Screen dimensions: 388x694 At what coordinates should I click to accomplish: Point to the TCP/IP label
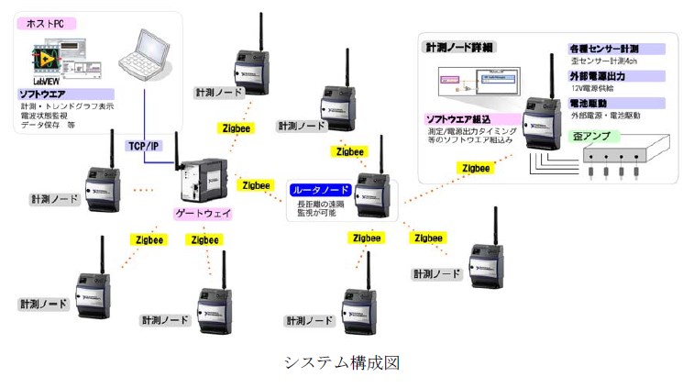click(x=145, y=145)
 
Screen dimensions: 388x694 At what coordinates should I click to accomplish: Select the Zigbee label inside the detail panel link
click(x=476, y=168)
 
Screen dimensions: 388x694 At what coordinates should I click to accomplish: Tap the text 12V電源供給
click(x=598, y=89)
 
